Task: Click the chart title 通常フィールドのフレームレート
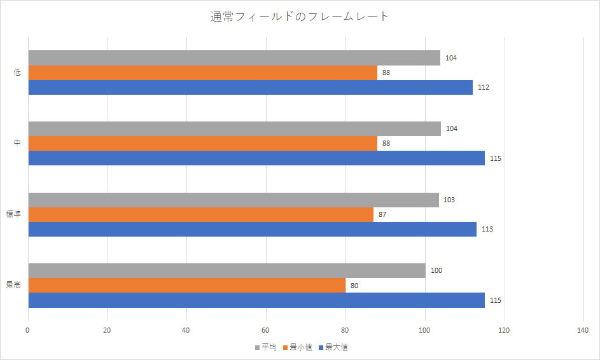point(300,17)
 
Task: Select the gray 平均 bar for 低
point(234,58)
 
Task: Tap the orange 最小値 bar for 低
point(202,73)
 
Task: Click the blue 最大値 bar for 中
point(256,158)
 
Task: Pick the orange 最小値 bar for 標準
point(200,214)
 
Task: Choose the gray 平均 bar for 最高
point(227,270)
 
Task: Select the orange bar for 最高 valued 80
point(186,286)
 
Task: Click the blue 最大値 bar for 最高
point(256,300)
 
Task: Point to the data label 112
point(483,87)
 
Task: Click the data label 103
point(449,200)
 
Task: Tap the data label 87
point(382,214)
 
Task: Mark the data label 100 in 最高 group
point(436,270)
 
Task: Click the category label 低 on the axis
point(18,73)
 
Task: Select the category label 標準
point(15,214)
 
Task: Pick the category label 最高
point(15,286)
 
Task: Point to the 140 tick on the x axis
point(583,330)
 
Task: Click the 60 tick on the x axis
point(266,330)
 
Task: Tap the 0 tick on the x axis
point(28,330)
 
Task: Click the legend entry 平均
point(265,347)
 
